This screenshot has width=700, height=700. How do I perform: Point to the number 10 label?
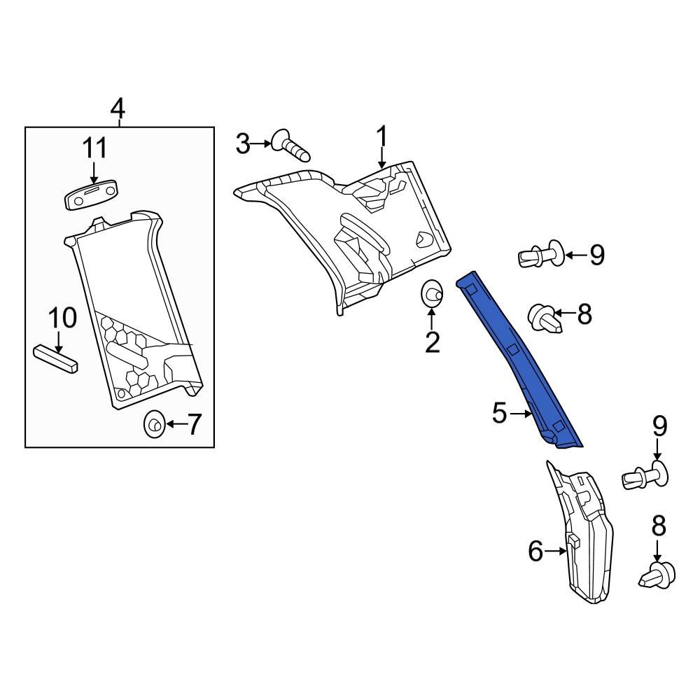62,318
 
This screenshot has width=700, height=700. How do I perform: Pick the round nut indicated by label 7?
154,424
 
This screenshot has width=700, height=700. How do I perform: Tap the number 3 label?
242,144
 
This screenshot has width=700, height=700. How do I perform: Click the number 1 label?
382,135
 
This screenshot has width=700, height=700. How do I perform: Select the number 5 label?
499,414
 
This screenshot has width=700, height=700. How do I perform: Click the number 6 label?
535,552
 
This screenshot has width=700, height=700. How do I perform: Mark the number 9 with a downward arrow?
659,426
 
